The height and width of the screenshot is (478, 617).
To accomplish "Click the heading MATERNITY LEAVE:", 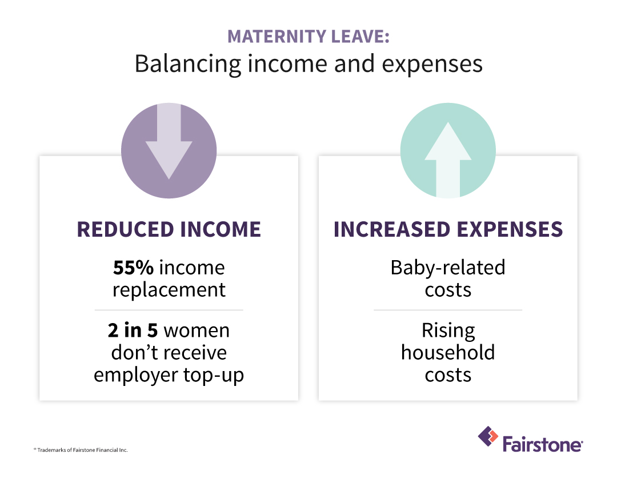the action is click(308, 36).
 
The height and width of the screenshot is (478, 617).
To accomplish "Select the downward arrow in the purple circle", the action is click(169, 141).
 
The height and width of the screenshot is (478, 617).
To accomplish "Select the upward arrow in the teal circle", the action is click(448, 160).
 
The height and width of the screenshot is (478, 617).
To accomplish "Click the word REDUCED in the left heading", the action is click(125, 229).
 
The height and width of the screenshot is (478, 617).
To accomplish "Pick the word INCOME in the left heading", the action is click(221, 229).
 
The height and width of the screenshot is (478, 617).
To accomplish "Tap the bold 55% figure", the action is click(133, 268).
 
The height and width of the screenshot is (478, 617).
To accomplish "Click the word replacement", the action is click(169, 290).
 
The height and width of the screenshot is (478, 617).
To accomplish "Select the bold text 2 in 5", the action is click(133, 330).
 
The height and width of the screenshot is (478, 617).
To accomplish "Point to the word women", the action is click(197, 330).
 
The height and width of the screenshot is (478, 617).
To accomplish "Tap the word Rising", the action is click(448, 331).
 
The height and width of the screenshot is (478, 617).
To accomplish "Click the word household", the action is click(448, 352).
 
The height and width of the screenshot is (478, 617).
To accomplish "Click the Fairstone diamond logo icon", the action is click(488, 436).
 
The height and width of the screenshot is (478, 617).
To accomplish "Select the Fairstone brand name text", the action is click(542, 444).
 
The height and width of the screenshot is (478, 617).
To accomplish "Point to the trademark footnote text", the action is click(81, 450).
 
